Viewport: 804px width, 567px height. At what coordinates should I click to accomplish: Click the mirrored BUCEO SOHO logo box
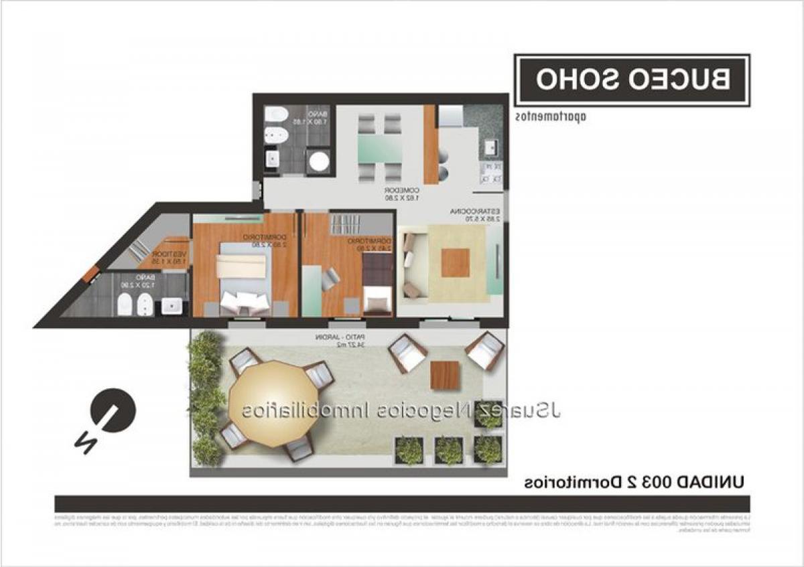coord(632,80)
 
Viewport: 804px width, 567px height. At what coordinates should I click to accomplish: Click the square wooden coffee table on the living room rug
coord(455,262)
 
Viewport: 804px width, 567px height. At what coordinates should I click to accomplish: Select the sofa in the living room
coord(411,265)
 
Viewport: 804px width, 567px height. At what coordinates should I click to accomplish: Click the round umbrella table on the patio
coord(272,403)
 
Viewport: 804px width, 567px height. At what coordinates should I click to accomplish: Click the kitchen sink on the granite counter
coord(490,147)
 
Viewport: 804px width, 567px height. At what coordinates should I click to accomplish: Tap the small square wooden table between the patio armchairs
coord(446,374)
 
